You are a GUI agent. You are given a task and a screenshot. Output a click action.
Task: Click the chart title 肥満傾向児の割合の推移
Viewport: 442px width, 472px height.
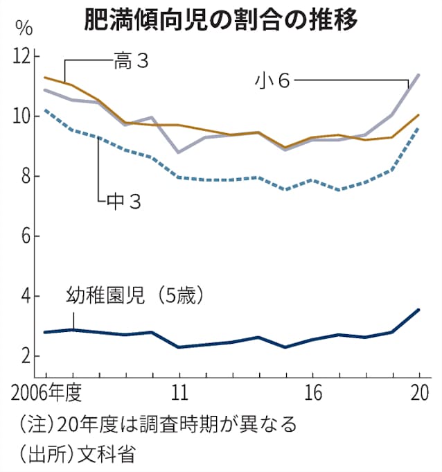click(220, 19)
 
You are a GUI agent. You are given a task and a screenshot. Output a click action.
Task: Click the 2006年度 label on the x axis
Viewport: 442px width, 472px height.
click(46, 394)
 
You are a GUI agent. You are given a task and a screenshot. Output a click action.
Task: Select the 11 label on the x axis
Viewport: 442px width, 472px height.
click(179, 394)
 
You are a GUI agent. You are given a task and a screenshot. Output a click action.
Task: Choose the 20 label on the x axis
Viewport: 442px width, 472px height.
click(418, 394)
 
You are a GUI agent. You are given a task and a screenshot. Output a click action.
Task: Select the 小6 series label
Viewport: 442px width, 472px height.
click(272, 80)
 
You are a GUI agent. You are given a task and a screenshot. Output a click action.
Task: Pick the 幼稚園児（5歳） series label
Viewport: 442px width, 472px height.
click(134, 296)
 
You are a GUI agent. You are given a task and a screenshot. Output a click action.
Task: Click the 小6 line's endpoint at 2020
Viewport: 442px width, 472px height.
click(418, 75)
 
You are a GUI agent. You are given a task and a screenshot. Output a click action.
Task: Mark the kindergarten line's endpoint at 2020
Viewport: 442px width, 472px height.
click(418, 310)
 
